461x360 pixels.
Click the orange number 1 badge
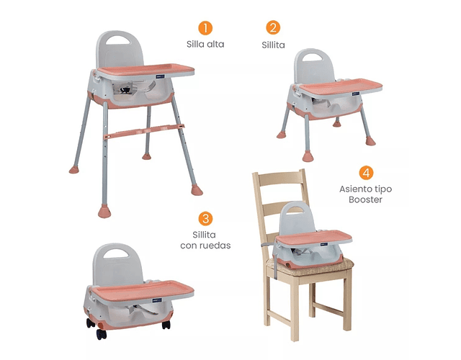click(x=205, y=28)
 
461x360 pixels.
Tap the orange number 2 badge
click(x=273, y=27)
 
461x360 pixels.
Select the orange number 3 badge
click(x=205, y=219)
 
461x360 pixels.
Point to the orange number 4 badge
click(x=366, y=173)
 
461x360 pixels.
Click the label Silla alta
click(x=205, y=45)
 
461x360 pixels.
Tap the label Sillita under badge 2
click(x=273, y=45)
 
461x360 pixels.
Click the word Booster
click(x=365, y=199)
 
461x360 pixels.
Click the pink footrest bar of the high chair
click(x=144, y=131)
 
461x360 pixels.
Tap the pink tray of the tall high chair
click(x=146, y=70)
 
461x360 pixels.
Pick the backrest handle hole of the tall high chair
click(x=117, y=40)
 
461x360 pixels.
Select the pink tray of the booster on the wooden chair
click(x=314, y=237)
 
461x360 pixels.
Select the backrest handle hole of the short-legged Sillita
click(x=313, y=58)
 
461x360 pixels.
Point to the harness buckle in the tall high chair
click(x=125, y=90)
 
